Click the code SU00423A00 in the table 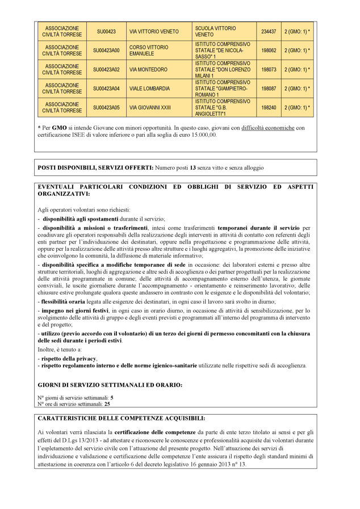106,51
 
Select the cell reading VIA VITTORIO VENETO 154,32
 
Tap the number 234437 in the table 268,32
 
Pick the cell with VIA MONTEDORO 148,69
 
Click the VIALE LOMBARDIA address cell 149,89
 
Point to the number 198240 268,107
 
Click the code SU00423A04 106,89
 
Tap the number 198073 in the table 268,69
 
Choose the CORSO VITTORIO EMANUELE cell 149,51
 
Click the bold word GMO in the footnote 60,128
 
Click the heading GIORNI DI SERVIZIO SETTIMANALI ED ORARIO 110,385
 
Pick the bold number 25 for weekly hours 108,403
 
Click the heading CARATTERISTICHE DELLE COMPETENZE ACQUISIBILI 121,418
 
